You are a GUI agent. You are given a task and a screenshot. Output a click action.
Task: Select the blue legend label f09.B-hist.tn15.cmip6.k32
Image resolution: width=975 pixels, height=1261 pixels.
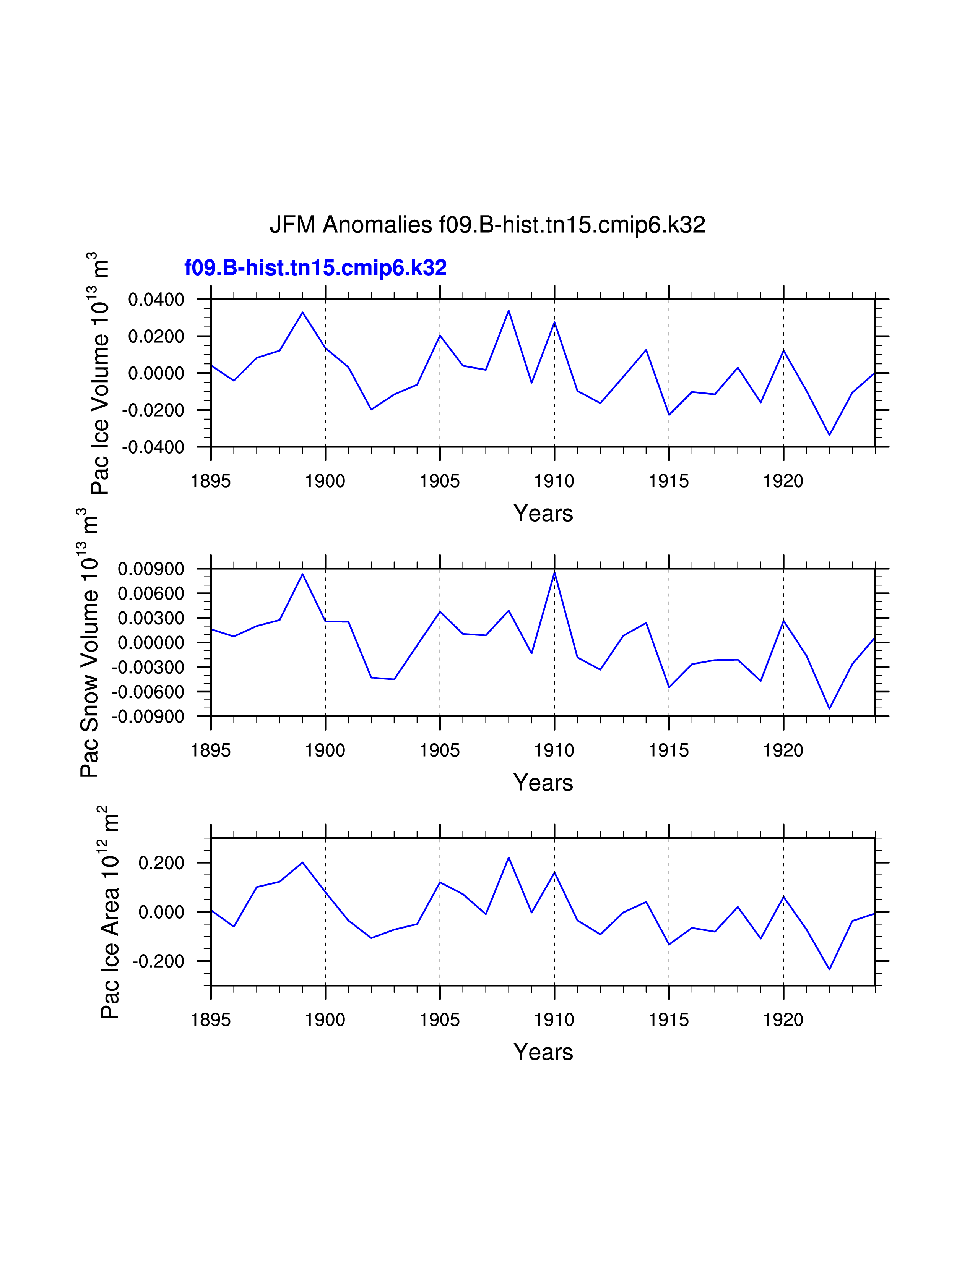(x=315, y=268)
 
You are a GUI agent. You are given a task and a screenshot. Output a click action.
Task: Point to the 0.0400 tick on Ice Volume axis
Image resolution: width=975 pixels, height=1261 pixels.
(x=156, y=300)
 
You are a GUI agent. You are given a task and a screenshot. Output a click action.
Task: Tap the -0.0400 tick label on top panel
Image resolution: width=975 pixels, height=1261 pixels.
(x=153, y=447)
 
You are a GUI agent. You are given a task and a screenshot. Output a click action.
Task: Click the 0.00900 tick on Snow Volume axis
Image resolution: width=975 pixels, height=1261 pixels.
(x=151, y=569)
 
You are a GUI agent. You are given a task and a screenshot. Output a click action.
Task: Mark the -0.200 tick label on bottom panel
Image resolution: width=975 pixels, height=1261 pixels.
(x=158, y=961)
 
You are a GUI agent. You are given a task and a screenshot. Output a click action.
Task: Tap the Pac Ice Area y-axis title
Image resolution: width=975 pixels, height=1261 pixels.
(x=109, y=912)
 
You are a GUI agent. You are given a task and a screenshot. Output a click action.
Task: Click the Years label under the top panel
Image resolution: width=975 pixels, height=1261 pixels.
(x=543, y=513)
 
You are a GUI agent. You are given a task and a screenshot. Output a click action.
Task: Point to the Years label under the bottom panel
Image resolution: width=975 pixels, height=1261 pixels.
(x=543, y=1052)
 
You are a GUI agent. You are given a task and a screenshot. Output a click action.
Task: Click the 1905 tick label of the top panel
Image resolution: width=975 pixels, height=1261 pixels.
(x=440, y=481)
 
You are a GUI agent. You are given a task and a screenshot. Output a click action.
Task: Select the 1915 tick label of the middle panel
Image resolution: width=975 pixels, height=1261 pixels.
(x=669, y=750)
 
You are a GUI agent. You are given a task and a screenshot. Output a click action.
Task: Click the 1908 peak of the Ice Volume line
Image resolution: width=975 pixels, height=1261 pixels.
(x=508, y=311)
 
